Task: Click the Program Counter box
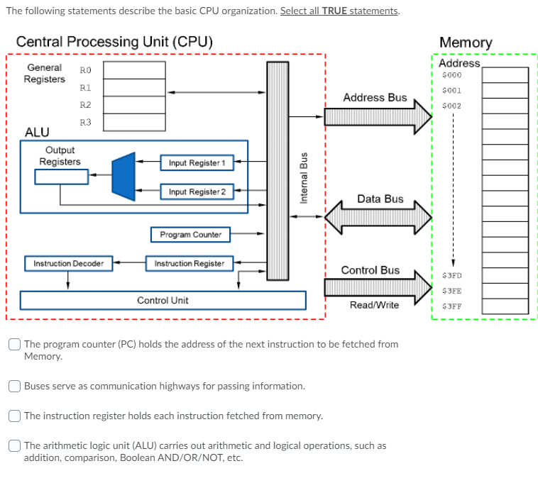point(190,234)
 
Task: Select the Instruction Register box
point(190,264)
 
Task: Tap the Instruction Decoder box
point(68,264)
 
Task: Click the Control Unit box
point(163,301)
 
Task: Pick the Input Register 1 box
point(197,163)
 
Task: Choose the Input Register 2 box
point(197,191)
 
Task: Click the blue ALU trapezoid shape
point(123,176)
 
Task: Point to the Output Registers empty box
point(61,177)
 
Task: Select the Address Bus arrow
point(377,116)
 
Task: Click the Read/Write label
point(374,305)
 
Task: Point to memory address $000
point(451,75)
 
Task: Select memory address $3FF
point(451,307)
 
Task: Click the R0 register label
point(85,70)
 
